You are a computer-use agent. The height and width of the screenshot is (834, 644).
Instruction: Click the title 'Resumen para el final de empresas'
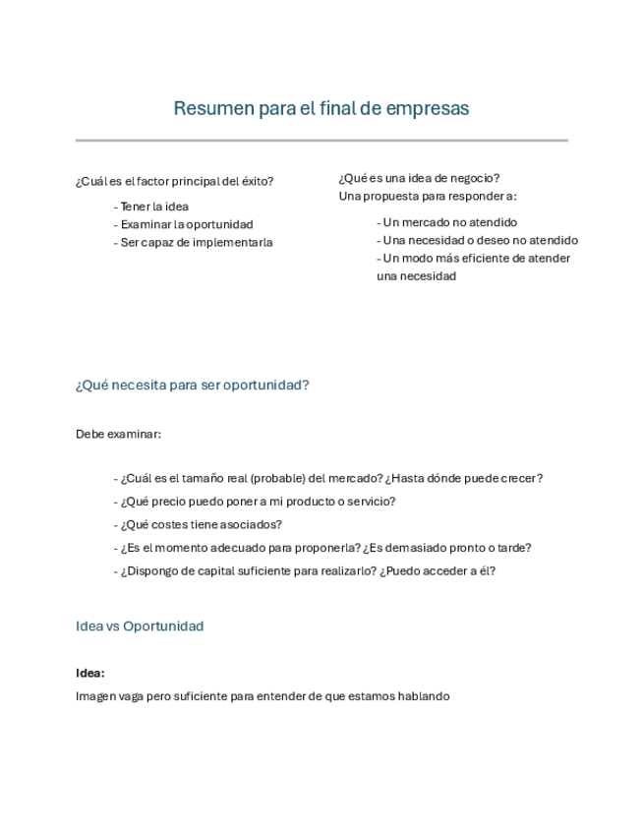pyautogui.click(x=322, y=108)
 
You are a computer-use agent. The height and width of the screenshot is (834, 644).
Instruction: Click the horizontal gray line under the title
pyautogui.click(x=322, y=141)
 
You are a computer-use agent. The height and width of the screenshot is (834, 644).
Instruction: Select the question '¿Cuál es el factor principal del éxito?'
pyautogui.click(x=174, y=181)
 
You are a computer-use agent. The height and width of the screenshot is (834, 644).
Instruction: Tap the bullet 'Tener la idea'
pyautogui.click(x=151, y=207)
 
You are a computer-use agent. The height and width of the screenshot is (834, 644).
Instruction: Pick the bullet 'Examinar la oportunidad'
pyautogui.click(x=184, y=224)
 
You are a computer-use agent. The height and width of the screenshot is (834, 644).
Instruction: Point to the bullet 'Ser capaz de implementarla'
pyautogui.click(x=194, y=242)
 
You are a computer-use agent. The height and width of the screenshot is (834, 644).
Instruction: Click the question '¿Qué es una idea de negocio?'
pyautogui.click(x=419, y=178)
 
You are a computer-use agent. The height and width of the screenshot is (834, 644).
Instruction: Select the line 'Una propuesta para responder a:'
pyautogui.click(x=428, y=196)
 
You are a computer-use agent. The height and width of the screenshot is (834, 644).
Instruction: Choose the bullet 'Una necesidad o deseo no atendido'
pyautogui.click(x=478, y=240)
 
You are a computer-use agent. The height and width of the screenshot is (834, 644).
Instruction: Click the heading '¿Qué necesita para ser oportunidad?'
pyautogui.click(x=193, y=385)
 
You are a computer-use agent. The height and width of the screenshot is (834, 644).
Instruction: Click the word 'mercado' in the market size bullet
pyautogui.click(x=358, y=478)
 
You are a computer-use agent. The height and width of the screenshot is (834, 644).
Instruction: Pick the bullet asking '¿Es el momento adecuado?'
pyautogui.click(x=323, y=549)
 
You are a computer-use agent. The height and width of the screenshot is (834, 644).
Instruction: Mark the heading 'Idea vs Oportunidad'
pyautogui.click(x=140, y=626)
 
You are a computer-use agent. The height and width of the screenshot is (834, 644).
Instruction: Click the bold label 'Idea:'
pyautogui.click(x=90, y=674)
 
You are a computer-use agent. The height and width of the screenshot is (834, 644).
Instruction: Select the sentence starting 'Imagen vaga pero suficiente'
pyautogui.click(x=263, y=696)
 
